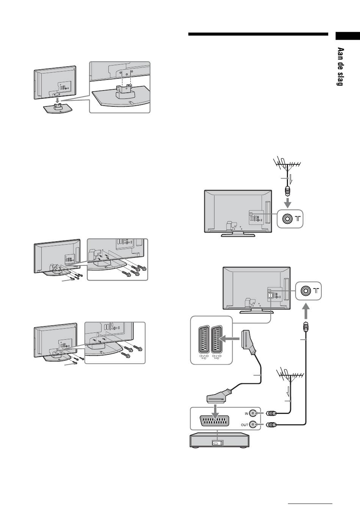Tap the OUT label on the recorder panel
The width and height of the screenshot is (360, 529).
pos(245,425)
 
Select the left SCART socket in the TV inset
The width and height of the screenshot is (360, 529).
pos(202,339)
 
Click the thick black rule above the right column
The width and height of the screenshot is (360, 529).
pos(258,34)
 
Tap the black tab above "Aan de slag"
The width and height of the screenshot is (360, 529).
pos(347,36)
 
